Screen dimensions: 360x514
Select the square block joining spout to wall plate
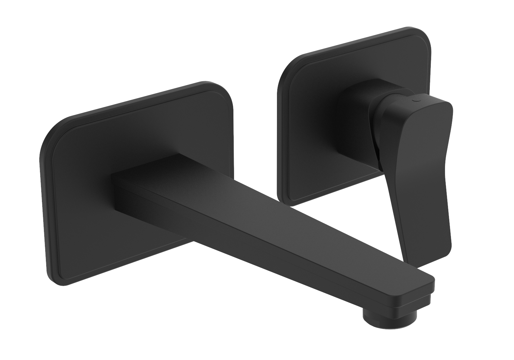pos(139,185)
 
